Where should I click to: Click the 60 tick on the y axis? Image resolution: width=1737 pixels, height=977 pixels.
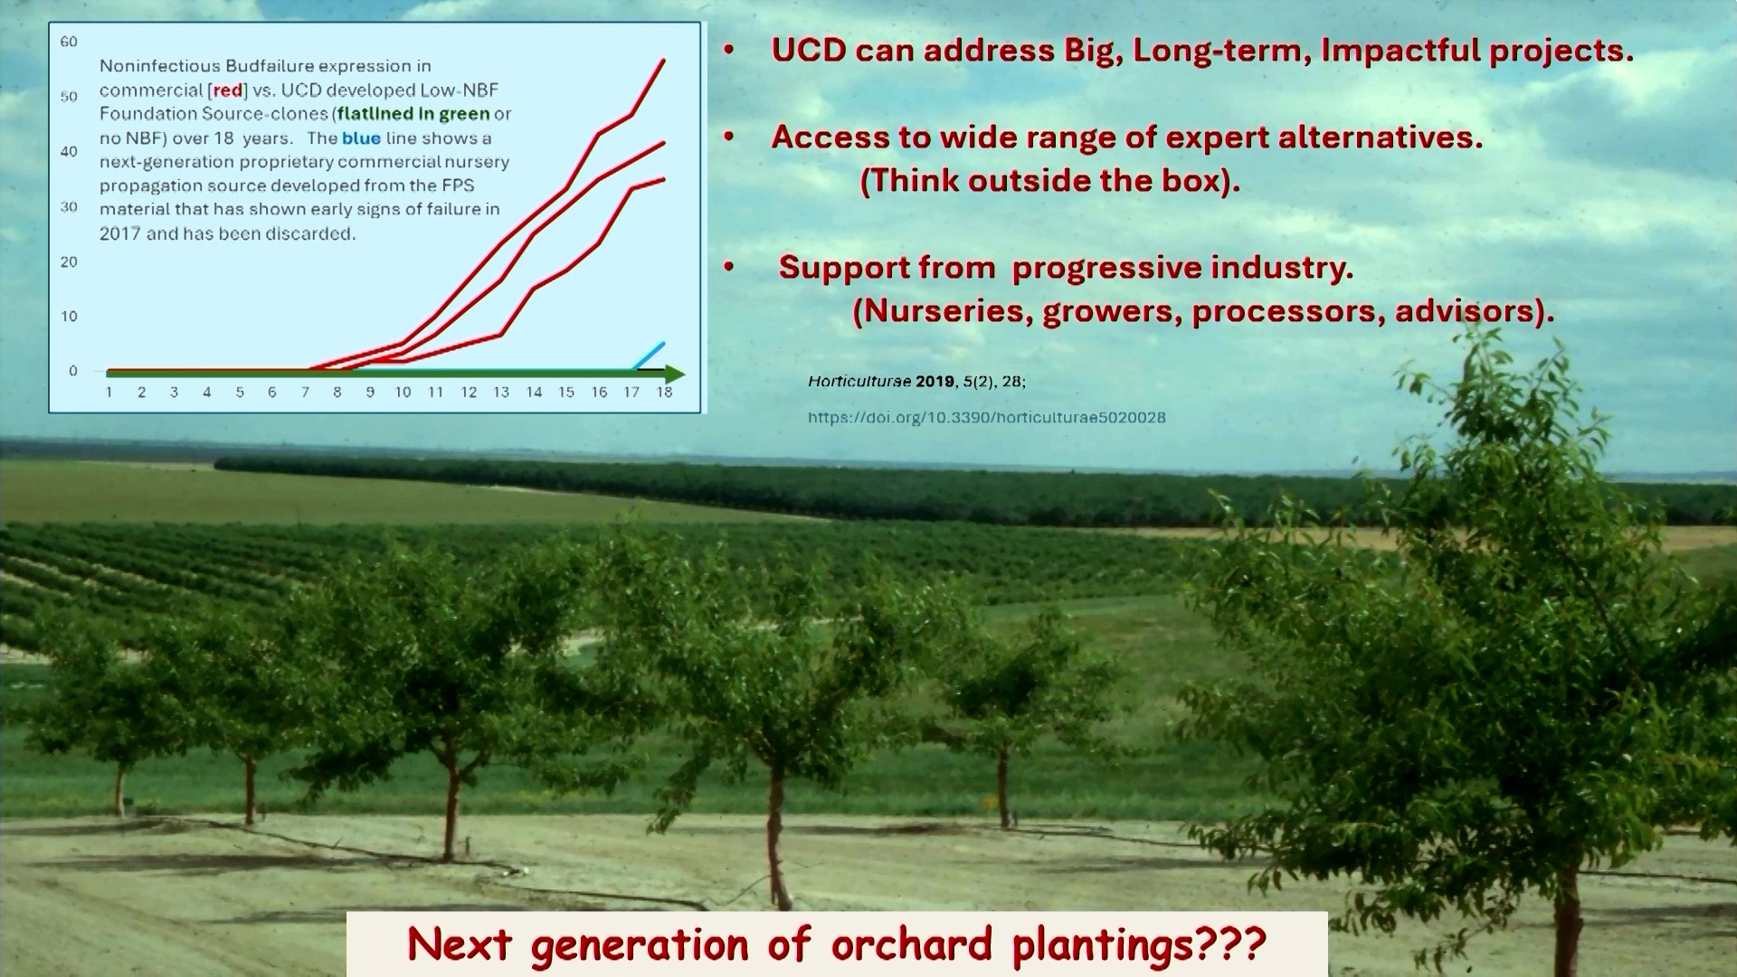click(69, 42)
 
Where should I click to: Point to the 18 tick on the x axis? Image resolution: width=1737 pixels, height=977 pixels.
click(664, 393)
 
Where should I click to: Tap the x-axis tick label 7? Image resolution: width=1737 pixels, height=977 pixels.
click(305, 393)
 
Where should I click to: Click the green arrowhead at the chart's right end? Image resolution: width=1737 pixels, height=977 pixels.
click(674, 374)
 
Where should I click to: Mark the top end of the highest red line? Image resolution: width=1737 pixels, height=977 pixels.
click(664, 61)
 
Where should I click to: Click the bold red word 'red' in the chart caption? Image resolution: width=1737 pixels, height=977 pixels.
click(228, 90)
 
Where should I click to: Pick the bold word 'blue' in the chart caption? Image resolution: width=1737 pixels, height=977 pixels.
click(361, 138)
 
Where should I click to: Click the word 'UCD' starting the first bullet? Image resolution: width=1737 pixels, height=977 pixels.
click(809, 50)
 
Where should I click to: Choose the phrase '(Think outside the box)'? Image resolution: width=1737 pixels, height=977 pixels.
click(1049, 181)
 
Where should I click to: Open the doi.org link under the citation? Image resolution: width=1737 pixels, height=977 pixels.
click(986, 418)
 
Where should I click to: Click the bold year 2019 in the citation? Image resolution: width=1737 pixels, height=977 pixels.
click(935, 382)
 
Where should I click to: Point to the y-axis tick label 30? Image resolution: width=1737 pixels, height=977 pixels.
click(69, 207)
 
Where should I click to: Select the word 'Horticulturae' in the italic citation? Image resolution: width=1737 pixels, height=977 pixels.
click(859, 382)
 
